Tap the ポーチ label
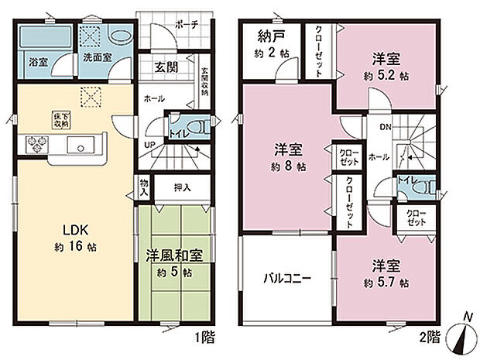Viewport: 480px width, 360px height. click(186, 24)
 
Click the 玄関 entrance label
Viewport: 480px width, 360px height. click(166, 67)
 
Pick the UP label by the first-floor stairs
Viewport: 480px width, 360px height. click(147, 145)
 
